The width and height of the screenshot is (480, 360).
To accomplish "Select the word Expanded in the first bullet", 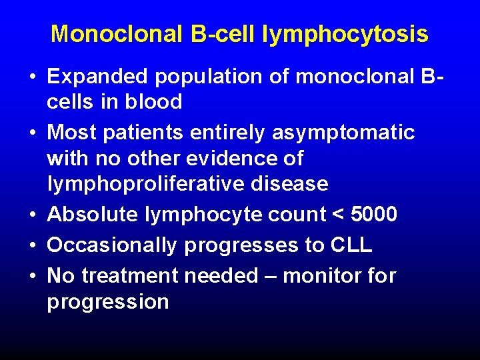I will [x=98, y=77].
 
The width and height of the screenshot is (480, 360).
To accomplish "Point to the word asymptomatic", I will [x=343, y=133].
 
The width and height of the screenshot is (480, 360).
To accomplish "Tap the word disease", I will [x=291, y=183].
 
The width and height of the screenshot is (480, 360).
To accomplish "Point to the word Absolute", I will [x=90, y=215].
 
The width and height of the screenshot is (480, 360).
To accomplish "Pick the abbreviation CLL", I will [x=351, y=245].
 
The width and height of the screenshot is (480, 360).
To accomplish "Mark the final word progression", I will [x=107, y=302].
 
